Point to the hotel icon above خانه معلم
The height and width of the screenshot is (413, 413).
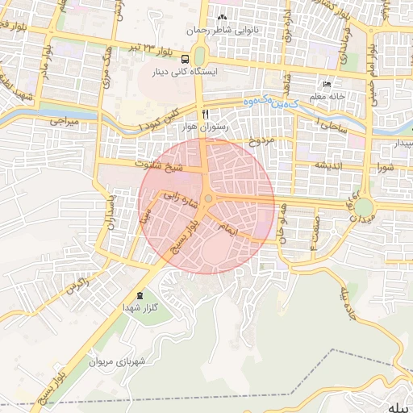pyautogui.click(x=327, y=85)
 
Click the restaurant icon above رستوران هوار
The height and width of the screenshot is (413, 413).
pyautogui.click(x=206, y=113)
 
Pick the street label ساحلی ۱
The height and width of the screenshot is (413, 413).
pyautogui.click(x=331, y=126)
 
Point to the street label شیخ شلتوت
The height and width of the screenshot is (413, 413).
pyautogui.click(x=158, y=165)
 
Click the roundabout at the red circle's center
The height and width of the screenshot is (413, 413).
pyautogui.click(x=207, y=198)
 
